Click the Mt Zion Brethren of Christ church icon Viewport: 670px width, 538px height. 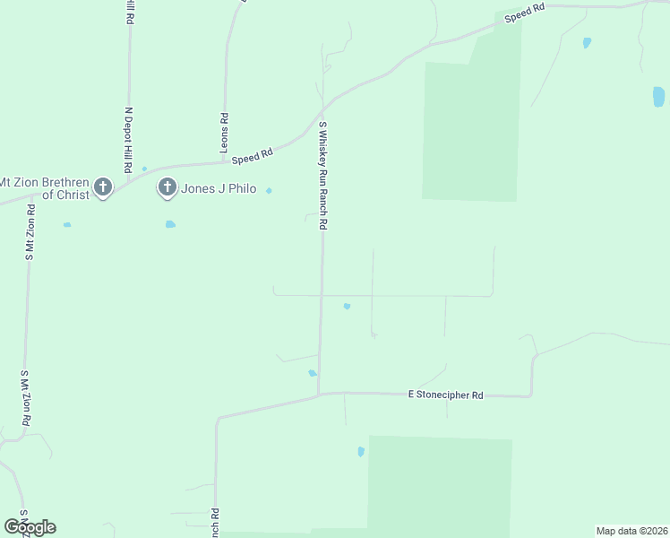pyautogui.click(x=103, y=187)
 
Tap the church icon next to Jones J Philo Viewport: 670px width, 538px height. pyautogui.click(x=167, y=187)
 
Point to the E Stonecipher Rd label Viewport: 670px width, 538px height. pyautogui.click(x=445, y=395)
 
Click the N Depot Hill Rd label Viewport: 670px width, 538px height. pyautogui.click(x=129, y=140)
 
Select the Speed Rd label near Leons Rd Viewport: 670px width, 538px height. pyautogui.click(x=252, y=157)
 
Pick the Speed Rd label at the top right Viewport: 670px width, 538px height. pyautogui.click(x=525, y=13)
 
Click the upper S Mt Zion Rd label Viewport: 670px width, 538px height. pyautogui.click(x=30, y=232)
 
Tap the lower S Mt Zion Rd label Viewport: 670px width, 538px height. pyautogui.click(x=26, y=398)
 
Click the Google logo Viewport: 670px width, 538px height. pyautogui.click(x=30, y=527)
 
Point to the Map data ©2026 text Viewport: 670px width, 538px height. pyautogui.click(x=631, y=531)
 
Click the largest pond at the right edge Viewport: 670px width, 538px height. pyautogui.click(x=658, y=97)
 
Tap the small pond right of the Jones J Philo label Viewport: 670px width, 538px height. pyautogui.click(x=269, y=190)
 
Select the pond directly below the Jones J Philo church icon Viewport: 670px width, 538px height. pyautogui.click(x=170, y=224)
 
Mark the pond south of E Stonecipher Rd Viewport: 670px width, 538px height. pyautogui.click(x=361, y=452)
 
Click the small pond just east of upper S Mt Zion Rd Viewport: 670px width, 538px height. pyautogui.click(x=66, y=224)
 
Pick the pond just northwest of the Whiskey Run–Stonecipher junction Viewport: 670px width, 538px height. pyautogui.click(x=313, y=373)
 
